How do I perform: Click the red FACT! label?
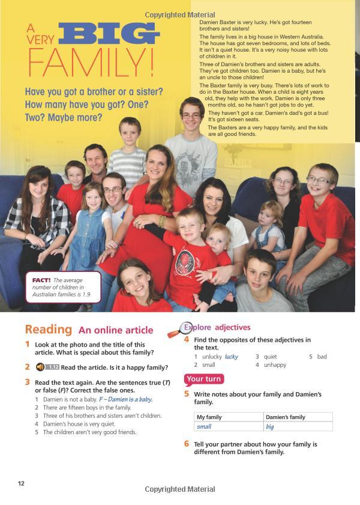[40, 280]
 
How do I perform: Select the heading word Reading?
[48, 330]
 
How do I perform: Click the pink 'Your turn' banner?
[204, 379]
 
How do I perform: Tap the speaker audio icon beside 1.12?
[40, 367]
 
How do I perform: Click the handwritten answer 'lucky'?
[231, 357]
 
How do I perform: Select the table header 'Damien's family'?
[286, 417]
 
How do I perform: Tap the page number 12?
[21, 483]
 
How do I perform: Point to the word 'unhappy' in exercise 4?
[274, 364]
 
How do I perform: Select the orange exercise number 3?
[28, 381]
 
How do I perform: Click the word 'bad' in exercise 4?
[322, 357]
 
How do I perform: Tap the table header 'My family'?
[209, 417]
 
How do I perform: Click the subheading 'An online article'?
[116, 330]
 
